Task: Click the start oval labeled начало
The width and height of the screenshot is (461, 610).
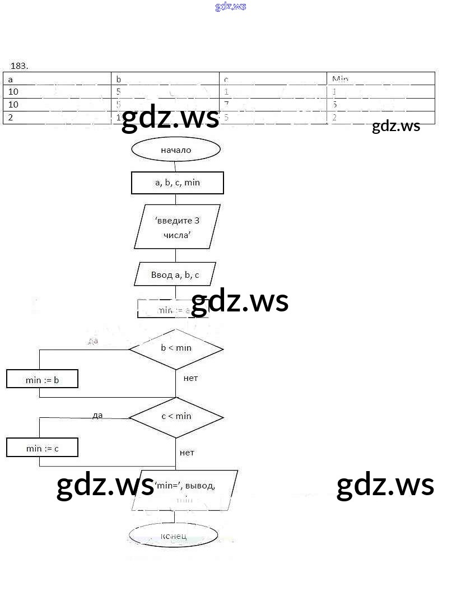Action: point(176,150)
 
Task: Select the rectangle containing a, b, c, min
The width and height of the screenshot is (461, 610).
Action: point(177,183)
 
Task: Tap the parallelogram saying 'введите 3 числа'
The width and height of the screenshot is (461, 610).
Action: point(177,227)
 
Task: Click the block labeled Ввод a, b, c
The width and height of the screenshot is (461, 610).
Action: point(175,274)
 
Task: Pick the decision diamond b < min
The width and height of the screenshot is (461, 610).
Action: point(176,348)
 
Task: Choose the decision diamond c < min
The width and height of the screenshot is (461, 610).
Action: point(176,416)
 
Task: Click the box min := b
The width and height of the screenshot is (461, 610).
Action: point(42,380)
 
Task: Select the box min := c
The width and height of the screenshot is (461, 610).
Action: point(42,448)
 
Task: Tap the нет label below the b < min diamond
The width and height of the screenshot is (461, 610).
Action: point(190,378)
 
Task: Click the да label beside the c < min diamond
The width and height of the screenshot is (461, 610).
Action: point(97,415)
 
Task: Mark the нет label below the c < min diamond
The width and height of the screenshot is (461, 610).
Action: point(187,453)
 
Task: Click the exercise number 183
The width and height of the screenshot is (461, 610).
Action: point(19,66)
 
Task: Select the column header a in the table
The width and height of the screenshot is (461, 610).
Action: point(11,79)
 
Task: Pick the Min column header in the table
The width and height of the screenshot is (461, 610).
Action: point(340,79)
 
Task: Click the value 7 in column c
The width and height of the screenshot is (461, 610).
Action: point(227,104)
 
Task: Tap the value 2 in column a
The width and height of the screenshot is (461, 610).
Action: point(11,118)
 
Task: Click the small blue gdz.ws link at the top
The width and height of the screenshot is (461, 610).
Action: point(230,7)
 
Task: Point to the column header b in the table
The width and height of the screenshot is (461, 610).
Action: point(118,79)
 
